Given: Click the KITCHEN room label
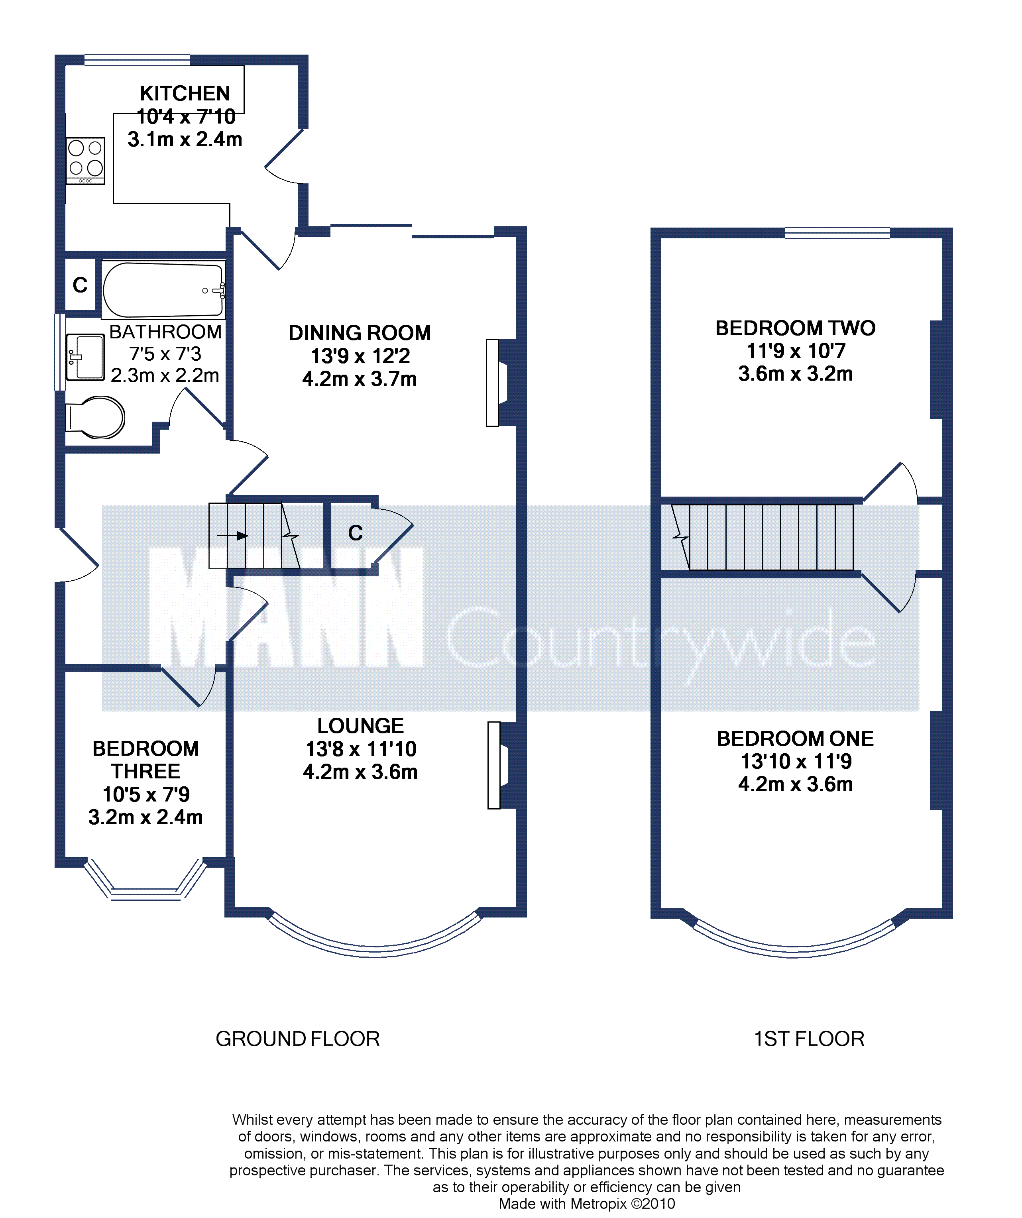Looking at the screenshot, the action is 185,93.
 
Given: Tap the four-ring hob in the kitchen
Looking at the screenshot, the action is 85,161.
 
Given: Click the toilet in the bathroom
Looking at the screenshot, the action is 95,417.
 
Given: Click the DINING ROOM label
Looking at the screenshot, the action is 360,333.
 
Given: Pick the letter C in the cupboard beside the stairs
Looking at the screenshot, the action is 356,533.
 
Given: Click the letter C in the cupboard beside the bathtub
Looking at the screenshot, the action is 80,285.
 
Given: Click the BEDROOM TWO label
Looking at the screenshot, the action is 795,328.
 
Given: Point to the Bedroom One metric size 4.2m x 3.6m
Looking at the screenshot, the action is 795,784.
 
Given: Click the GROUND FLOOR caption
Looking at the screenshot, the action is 297,1039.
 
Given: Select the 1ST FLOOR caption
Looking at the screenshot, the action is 808,1039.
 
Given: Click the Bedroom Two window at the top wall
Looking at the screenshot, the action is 837,233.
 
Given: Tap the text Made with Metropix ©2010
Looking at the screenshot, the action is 586,1204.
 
